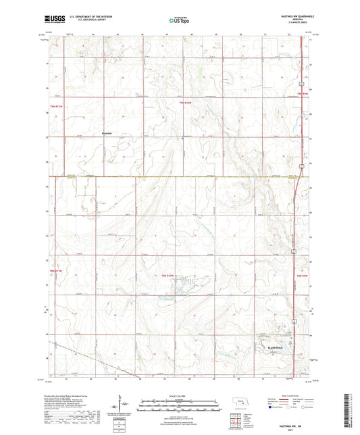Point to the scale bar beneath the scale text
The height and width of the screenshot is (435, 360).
point(180,403)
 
